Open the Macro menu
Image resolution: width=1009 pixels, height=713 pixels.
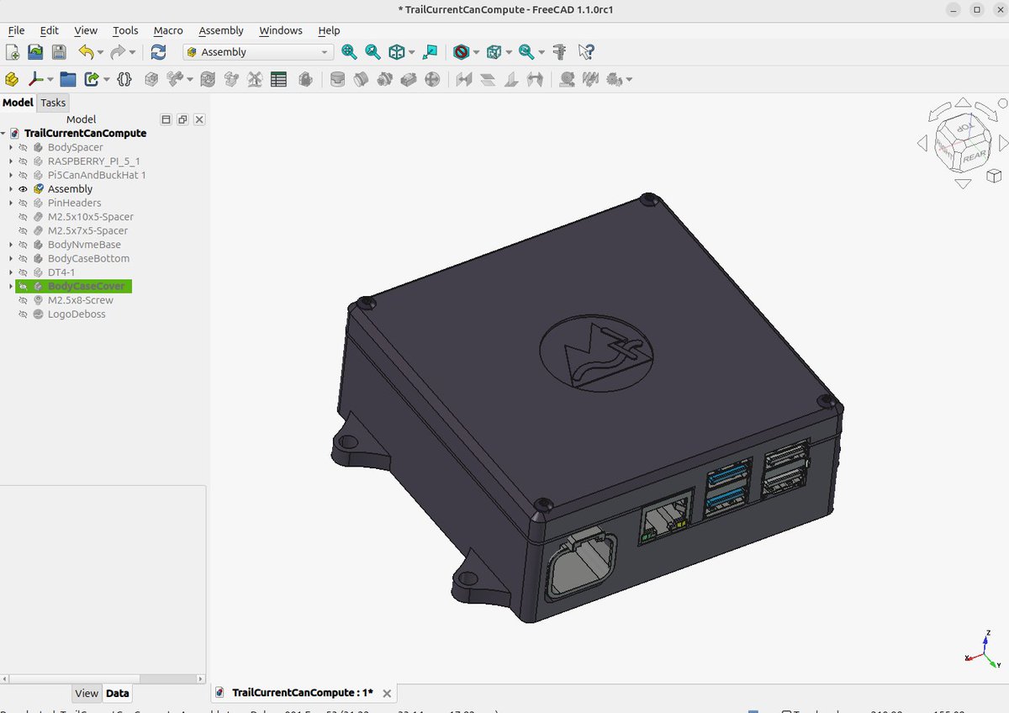tap(168, 30)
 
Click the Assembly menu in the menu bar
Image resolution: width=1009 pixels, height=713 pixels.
tap(221, 30)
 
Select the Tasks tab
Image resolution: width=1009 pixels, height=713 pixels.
tap(53, 103)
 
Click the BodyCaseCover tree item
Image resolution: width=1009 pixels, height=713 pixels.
tap(86, 286)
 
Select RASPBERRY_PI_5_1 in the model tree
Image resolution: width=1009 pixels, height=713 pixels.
tap(93, 161)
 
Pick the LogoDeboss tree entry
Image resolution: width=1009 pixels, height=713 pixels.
tap(77, 314)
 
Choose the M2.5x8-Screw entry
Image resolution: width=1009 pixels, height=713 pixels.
tap(80, 300)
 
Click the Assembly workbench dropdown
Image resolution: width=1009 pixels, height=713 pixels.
tap(258, 52)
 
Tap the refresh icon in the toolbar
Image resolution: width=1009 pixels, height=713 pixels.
tap(158, 52)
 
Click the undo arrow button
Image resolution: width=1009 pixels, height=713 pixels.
tap(86, 52)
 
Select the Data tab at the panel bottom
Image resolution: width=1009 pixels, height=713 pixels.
tap(117, 694)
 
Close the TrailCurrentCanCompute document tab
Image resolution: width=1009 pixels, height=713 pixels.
tap(387, 694)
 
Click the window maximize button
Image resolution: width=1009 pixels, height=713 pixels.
tap(976, 9)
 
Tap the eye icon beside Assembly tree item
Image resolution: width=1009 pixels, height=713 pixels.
tap(24, 189)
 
